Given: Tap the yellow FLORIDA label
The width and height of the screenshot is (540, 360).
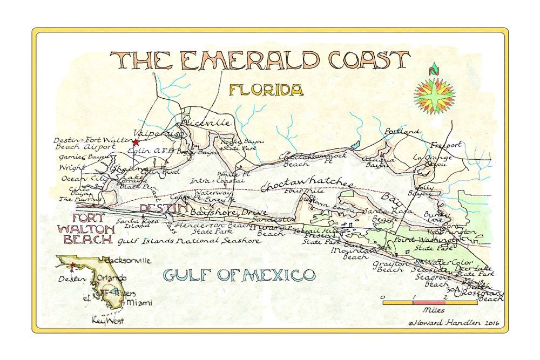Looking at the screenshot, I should pyautogui.click(x=266, y=90).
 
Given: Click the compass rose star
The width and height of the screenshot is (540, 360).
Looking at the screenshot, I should pyautogui.click(x=434, y=96).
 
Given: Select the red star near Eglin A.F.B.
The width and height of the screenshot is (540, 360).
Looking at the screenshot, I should pyautogui.click(x=136, y=142).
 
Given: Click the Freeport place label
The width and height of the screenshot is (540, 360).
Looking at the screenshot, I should pyautogui.click(x=446, y=145).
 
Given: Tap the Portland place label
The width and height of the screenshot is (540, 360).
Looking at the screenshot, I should pyautogui.click(x=402, y=131).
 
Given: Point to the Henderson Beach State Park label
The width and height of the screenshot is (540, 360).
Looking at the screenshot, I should pyautogui.click(x=205, y=227).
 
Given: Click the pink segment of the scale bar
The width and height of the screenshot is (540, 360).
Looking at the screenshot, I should pyautogui.click(x=429, y=303).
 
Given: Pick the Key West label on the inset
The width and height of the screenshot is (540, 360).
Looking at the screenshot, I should pyautogui.click(x=108, y=320).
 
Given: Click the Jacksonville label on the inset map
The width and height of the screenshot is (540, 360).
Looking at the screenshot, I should pyautogui.click(x=131, y=260).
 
